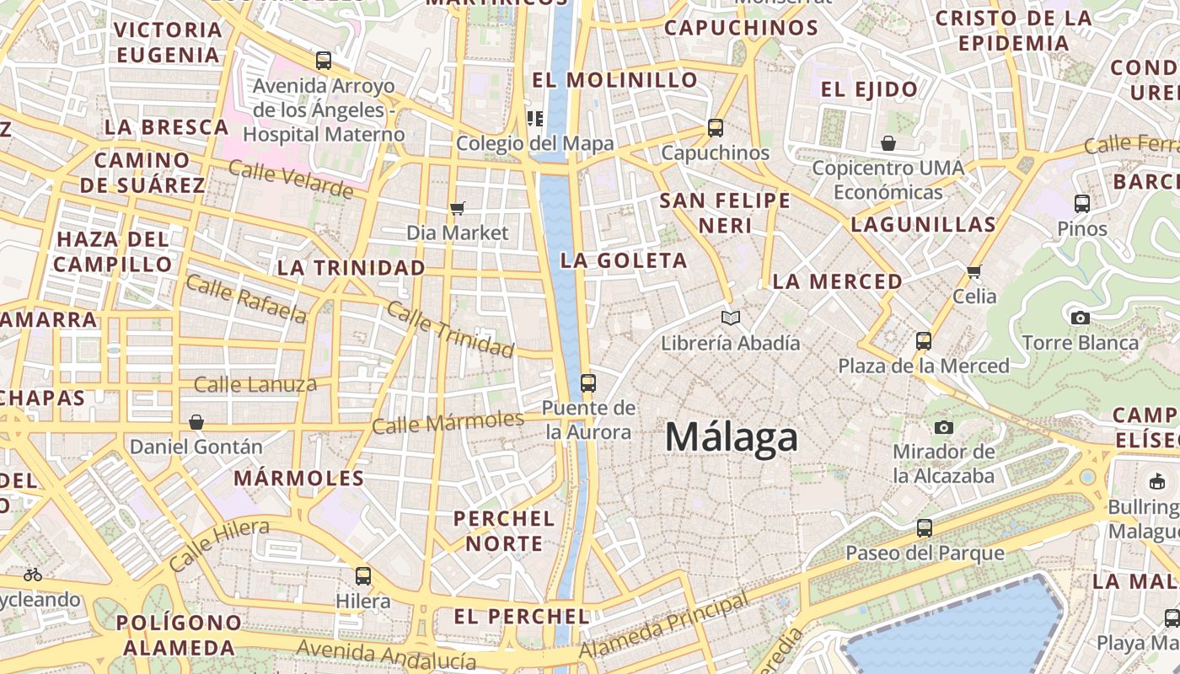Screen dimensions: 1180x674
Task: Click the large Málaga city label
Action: [731, 438]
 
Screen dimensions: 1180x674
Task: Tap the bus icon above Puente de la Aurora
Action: [588, 383]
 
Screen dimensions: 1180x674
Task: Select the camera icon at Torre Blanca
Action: [1080, 318]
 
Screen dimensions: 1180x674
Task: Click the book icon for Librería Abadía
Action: [731, 318]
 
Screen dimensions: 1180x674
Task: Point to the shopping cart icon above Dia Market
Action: [458, 208]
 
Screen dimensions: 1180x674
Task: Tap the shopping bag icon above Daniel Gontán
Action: [196, 421]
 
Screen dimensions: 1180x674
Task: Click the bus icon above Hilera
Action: [363, 576]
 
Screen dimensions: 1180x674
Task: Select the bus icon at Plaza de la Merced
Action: [924, 341]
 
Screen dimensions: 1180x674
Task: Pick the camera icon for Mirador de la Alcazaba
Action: [944, 427]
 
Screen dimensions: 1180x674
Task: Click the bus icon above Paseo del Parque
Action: [925, 528]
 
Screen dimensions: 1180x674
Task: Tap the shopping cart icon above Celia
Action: [974, 271]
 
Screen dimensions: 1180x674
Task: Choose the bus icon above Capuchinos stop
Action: [716, 128]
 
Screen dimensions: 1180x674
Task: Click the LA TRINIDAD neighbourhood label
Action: [351, 268]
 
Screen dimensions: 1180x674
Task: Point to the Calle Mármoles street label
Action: [448, 422]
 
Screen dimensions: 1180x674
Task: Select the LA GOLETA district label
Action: [624, 260]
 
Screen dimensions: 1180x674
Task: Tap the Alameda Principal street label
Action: [664, 627]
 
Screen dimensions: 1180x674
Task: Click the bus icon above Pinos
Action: [1082, 203]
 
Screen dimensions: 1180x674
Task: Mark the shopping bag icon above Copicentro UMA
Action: [888, 143]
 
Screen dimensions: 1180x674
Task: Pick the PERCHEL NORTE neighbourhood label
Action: [504, 531]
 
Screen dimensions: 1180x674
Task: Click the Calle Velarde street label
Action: [290, 179]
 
